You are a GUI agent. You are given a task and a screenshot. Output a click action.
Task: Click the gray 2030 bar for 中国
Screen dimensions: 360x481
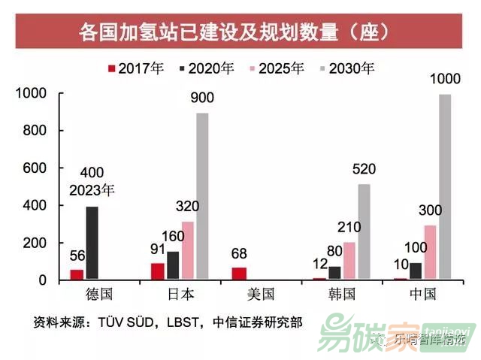pyautogui.click(x=446, y=187)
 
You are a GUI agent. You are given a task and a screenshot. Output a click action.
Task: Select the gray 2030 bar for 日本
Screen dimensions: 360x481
pyautogui.click(x=202, y=196)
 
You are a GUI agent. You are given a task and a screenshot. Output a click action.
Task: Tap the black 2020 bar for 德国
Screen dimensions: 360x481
pyautogui.click(x=92, y=243)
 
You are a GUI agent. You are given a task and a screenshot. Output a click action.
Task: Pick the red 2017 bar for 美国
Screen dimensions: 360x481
pyautogui.click(x=239, y=274)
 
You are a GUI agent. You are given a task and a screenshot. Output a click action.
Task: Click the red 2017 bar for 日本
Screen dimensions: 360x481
pyautogui.click(x=156, y=271)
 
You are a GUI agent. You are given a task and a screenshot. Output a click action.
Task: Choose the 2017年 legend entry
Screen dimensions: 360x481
pyautogui.click(x=137, y=68)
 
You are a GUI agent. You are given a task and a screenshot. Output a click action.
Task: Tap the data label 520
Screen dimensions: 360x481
pyautogui.click(x=364, y=169)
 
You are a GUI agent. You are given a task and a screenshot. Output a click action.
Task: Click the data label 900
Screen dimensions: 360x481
pyautogui.click(x=202, y=98)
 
